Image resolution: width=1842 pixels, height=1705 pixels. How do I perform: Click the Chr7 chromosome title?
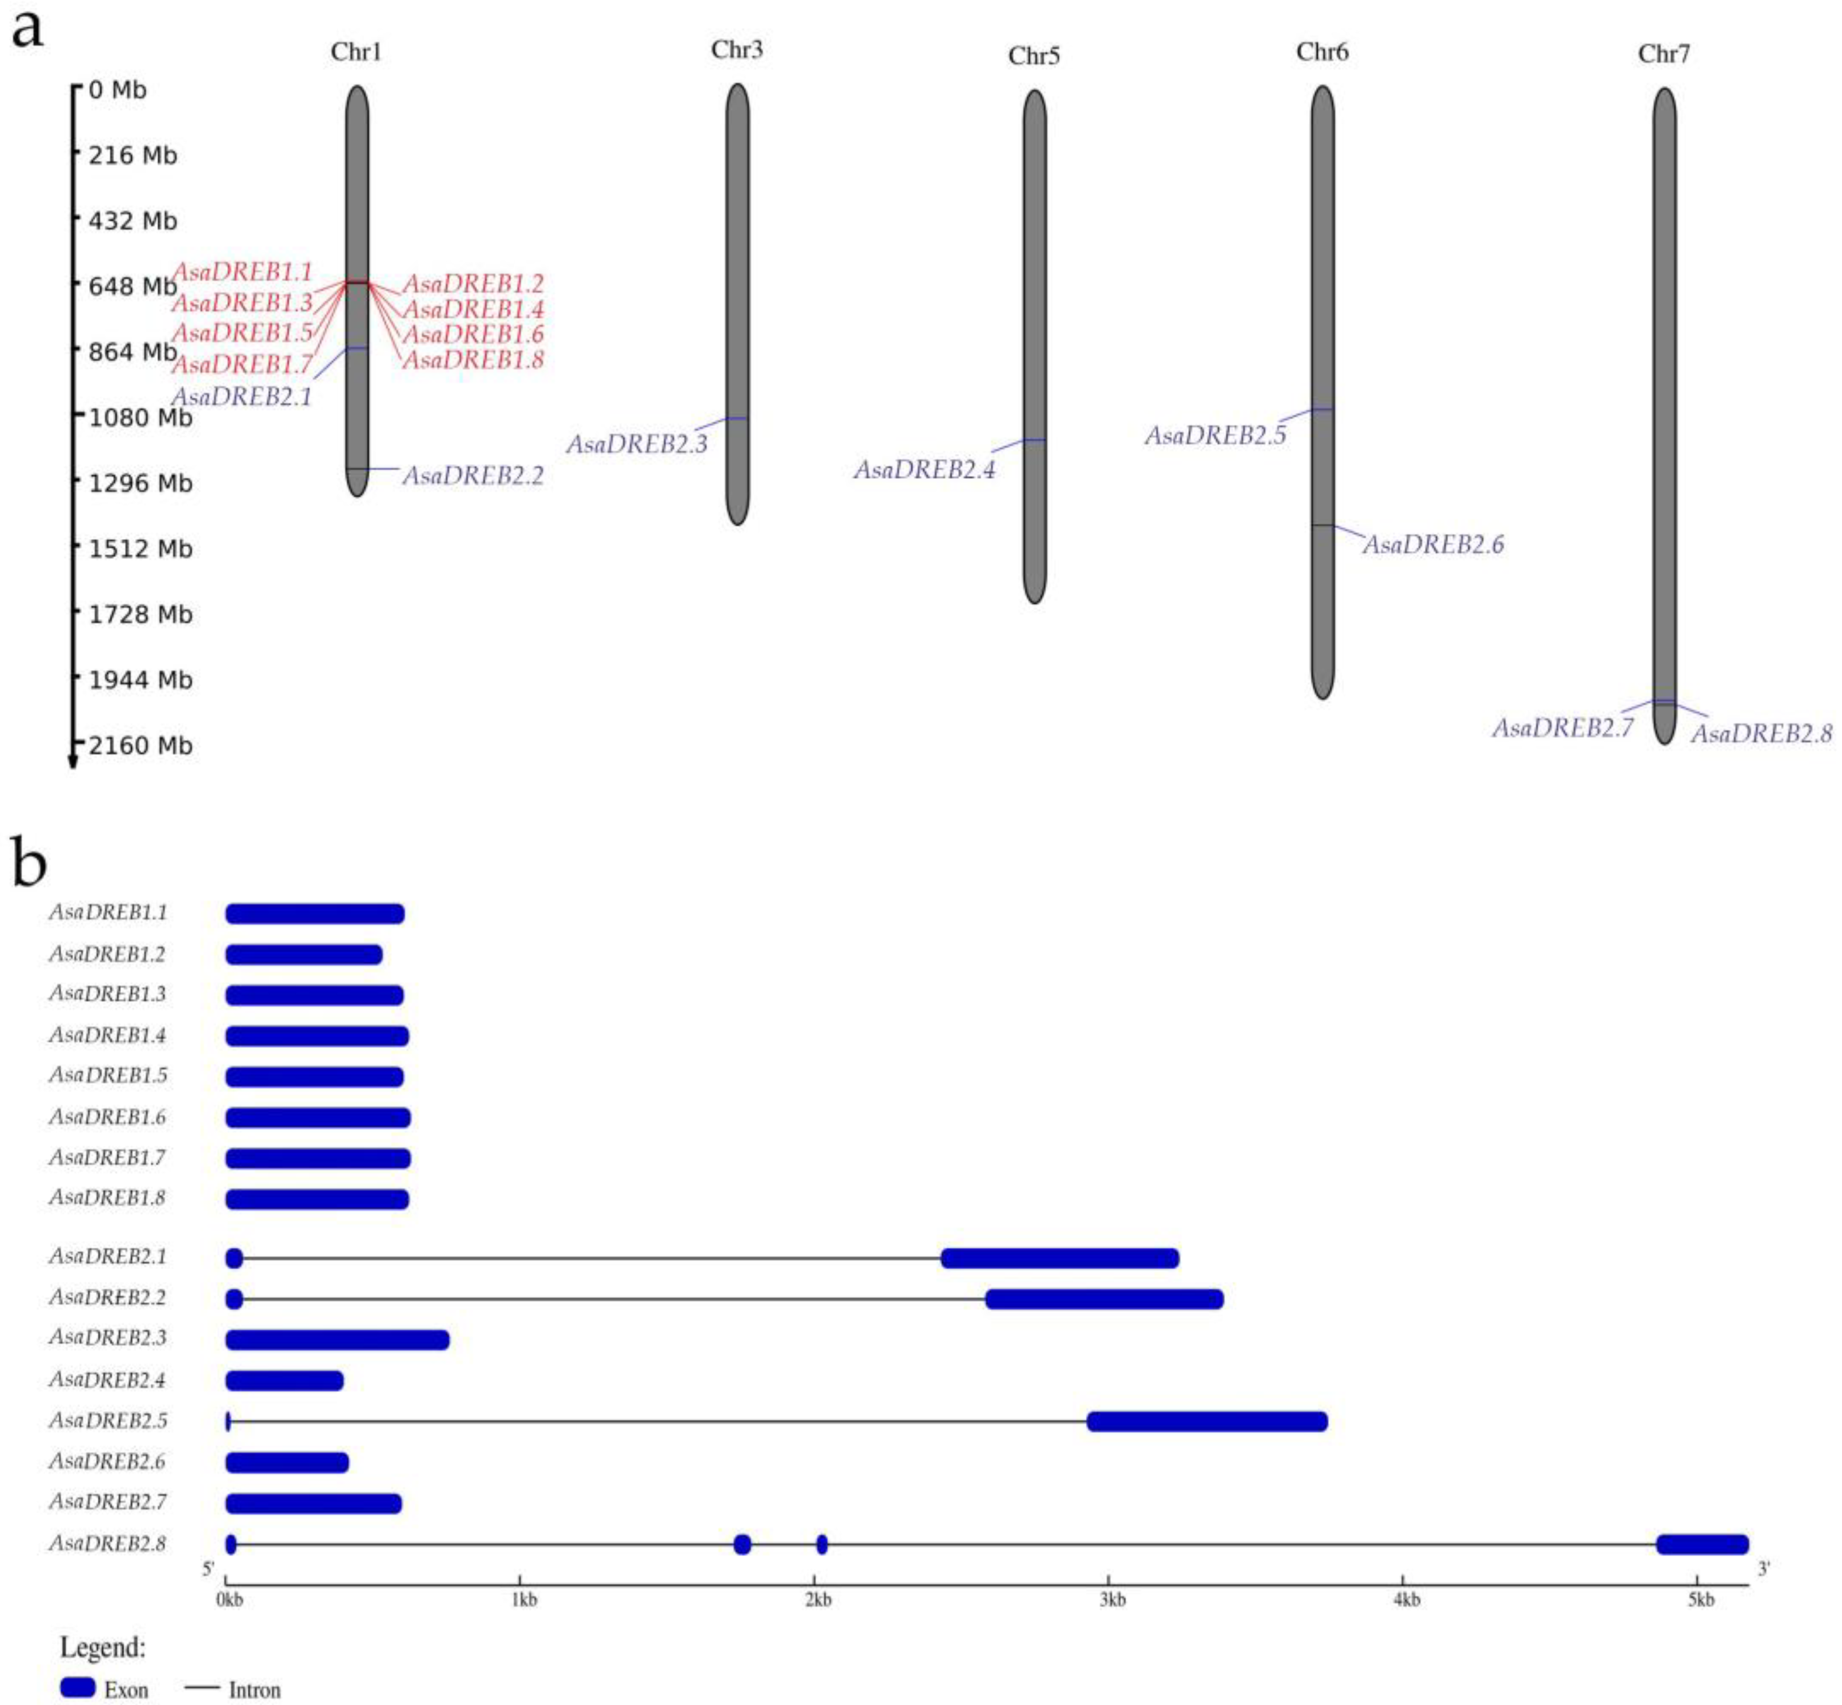pos(1663,54)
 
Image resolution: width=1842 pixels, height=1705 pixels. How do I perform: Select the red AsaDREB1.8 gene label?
pos(472,360)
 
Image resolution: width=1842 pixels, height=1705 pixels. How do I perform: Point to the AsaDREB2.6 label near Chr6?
pos(1433,545)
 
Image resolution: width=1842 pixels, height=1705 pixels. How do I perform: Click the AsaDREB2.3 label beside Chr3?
pos(637,445)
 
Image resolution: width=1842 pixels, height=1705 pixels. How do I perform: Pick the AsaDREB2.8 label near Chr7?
pos(1761,734)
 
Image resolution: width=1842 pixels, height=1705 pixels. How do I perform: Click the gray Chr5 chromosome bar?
pos(1034,346)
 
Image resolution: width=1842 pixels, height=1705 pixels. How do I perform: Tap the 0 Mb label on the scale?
pos(117,90)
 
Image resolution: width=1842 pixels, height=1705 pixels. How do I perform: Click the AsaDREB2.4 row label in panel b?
pos(108,1380)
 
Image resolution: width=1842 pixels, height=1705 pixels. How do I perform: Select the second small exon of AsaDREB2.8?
pos(742,1544)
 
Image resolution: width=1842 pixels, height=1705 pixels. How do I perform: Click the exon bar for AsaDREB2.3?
pos(337,1340)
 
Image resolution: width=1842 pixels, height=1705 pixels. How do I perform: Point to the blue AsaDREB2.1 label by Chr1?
pos(242,397)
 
